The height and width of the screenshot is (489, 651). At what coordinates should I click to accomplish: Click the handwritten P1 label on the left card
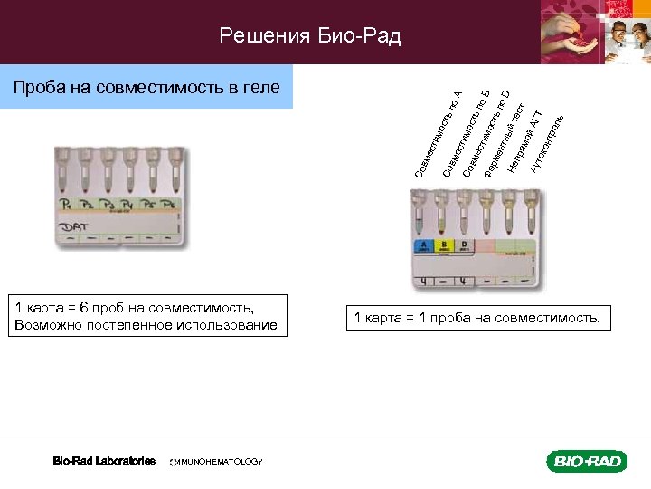(66, 205)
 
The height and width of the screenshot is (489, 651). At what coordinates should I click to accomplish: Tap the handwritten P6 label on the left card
(167, 206)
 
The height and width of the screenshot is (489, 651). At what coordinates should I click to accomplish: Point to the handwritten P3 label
(107, 206)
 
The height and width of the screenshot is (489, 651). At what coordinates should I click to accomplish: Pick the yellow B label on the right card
(444, 244)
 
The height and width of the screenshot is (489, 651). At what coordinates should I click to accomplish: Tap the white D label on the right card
(464, 244)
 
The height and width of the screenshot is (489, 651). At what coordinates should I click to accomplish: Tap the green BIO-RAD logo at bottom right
(586, 462)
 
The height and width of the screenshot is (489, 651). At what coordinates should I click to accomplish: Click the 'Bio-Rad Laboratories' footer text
(104, 461)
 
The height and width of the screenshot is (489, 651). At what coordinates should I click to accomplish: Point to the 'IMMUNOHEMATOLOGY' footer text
(217, 462)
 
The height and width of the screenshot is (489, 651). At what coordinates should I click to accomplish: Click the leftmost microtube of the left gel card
(65, 172)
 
